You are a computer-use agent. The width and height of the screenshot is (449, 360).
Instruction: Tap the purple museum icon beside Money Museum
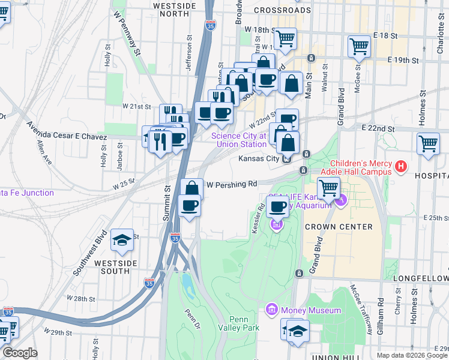tap(271, 310)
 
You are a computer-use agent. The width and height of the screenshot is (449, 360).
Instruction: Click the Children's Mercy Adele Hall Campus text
tap(360, 168)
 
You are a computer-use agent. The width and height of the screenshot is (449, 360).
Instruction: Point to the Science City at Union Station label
tap(238, 140)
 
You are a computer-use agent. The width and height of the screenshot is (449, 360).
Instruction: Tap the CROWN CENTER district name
tap(338, 227)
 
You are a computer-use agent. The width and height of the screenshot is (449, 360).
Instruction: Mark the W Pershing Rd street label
tap(232, 184)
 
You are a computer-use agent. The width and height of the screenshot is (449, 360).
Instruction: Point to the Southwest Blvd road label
tap(91, 252)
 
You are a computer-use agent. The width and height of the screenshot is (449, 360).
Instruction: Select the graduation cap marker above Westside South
tap(122, 241)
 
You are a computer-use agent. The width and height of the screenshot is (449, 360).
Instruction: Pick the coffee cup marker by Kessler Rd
tap(277, 207)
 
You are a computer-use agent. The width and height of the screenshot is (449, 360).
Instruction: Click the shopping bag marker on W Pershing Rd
tap(191, 188)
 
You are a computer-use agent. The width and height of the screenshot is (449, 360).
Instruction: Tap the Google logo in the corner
tap(20, 353)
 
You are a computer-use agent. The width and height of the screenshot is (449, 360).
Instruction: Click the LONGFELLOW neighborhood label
tap(421, 279)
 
